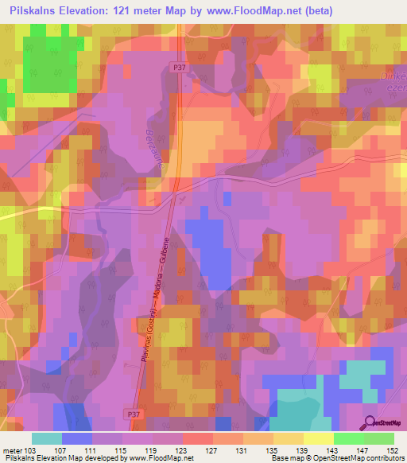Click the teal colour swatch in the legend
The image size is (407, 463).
tap(46, 438)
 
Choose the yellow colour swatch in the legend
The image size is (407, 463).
tap(318, 438)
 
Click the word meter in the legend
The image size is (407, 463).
tap(13, 450)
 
